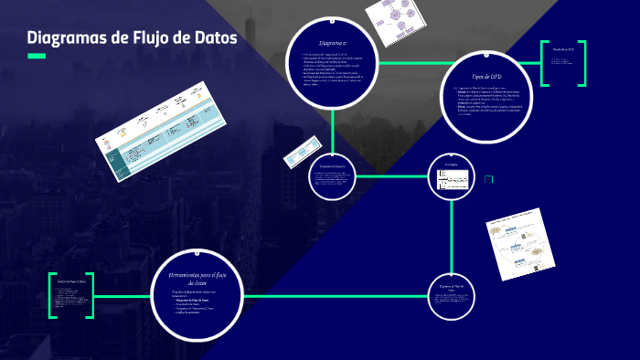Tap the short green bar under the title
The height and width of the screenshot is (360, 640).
coord(37,57)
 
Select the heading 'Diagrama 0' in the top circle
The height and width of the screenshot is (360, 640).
coord(332,44)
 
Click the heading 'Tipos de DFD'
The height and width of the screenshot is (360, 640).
coord(487,79)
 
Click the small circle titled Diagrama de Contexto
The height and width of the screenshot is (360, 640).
coord(332,175)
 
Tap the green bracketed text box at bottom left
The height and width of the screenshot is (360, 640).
coord(71,295)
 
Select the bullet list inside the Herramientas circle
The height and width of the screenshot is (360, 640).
coord(195,304)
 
